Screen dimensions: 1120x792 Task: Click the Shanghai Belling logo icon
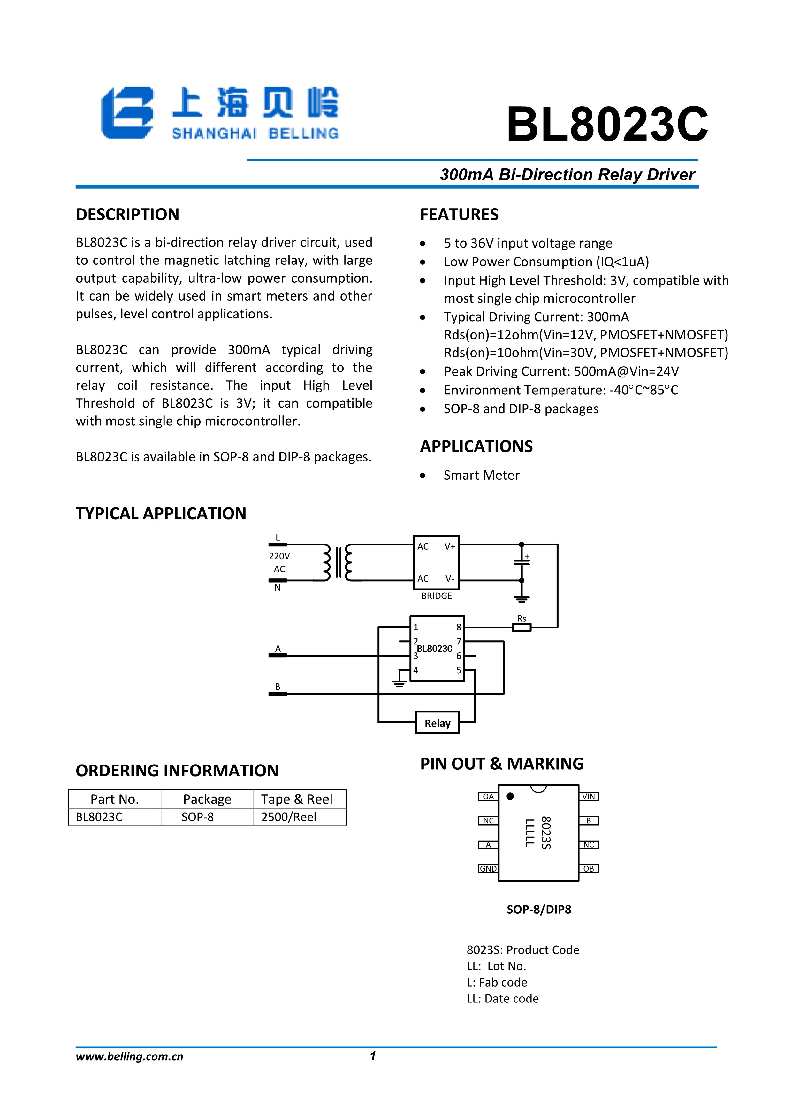click(x=127, y=113)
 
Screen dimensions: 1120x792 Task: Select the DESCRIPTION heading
click(x=127, y=215)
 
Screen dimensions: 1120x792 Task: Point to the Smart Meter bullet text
click(x=481, y=475)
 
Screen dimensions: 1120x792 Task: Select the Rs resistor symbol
click(x=521, y=627)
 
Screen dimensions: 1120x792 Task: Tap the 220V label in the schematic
click(x=279, y=556)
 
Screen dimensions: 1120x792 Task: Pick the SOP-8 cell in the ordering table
click(x=197, y=817)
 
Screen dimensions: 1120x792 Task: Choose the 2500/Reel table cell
click(x=289, y=817)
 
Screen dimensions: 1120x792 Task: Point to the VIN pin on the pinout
click(x=589, y=796)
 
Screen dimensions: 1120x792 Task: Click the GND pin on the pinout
click(x=488, y=869)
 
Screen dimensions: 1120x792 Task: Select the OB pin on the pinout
click(x=589, y=869)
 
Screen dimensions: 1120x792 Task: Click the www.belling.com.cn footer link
click(x=129, y=1056)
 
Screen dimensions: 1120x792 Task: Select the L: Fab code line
click(x=497, y=982)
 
